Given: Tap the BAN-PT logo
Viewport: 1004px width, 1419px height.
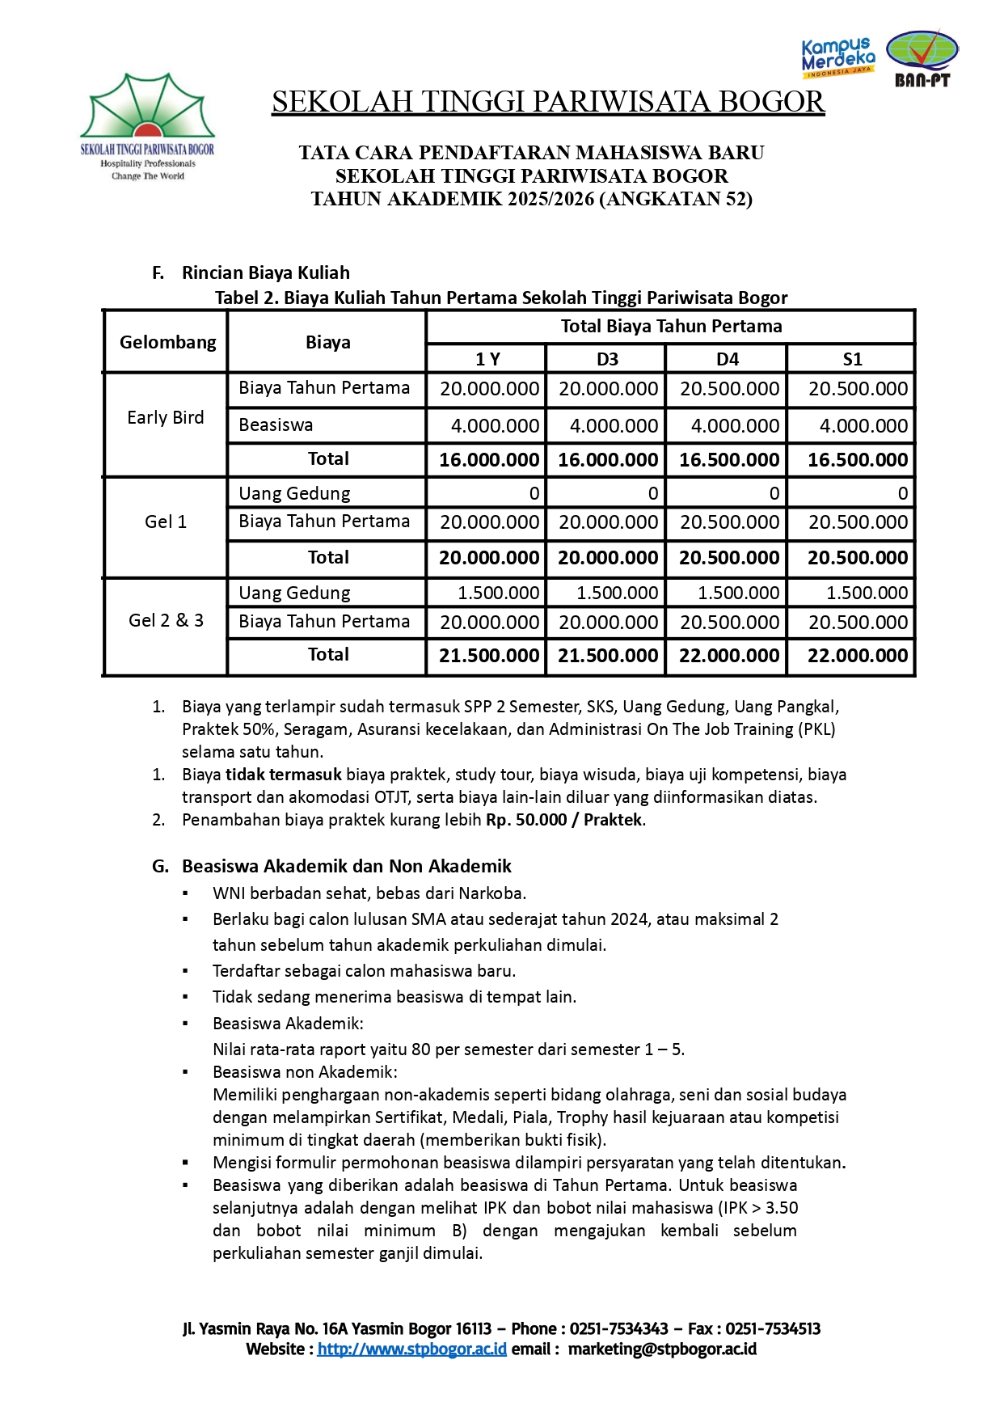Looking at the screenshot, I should [922, 58].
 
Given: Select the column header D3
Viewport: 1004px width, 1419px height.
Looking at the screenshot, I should [607, 359].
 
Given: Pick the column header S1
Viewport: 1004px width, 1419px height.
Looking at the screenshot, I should [852, 359].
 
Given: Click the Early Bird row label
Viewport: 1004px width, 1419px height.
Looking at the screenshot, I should [166, 418].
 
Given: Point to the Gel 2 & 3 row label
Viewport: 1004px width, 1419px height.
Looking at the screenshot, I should [166, 621].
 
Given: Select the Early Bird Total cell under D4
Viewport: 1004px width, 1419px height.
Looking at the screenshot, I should [729, 460].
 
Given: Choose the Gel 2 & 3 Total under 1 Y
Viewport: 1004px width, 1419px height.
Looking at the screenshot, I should [488, 656].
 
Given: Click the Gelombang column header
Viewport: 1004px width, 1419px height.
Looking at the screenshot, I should [167, 342].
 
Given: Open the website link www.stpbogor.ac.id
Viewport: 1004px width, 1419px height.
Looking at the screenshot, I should [411, 1349].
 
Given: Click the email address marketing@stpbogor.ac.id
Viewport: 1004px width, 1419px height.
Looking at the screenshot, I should [662, 1349].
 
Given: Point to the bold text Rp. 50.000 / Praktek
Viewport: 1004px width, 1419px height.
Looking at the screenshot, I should [564, 820].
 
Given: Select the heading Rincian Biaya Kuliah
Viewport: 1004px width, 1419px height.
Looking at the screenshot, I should [265, 273].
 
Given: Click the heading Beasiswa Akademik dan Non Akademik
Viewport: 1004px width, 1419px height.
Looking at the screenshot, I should [346, 867].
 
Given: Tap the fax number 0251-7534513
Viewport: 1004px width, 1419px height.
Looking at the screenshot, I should [772, 1329].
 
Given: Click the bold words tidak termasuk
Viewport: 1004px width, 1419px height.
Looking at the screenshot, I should [283, 775].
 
